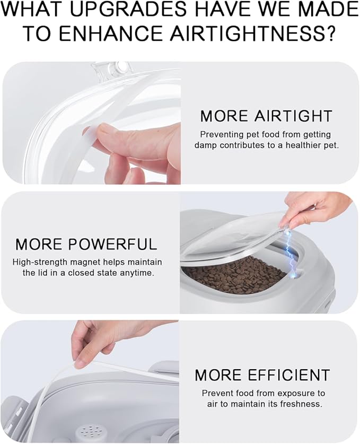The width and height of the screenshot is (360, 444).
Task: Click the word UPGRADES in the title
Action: point(128,9)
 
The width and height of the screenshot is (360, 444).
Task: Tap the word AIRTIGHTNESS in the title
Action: point(245,33)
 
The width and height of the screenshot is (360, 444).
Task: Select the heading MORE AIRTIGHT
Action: point(266,116)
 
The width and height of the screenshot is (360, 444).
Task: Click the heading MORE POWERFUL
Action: point(86,244)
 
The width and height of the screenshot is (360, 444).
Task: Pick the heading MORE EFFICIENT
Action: point(262,375)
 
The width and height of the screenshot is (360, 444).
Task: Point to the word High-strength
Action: point(40,262)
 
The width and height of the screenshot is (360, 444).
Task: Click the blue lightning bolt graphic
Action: point(291,252)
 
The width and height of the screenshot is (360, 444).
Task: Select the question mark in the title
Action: point(329,33)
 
